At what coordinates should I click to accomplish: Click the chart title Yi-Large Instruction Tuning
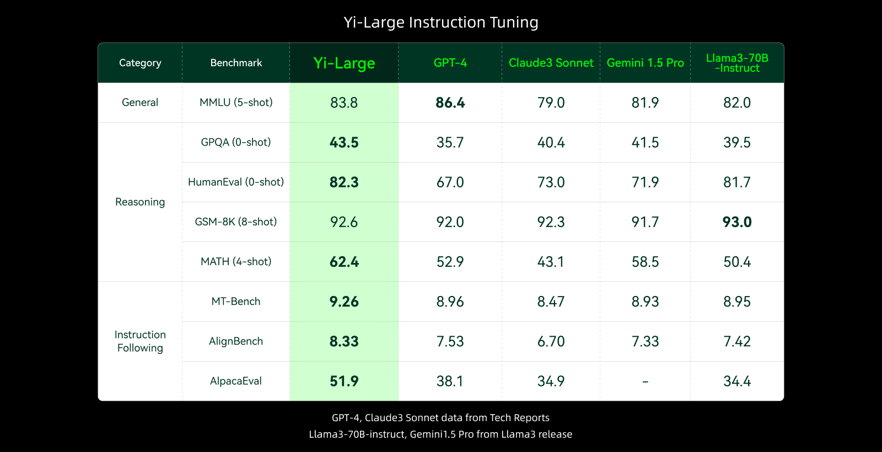point(441,23)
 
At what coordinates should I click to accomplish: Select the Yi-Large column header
point(344,63)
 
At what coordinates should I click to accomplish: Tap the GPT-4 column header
point(450,63)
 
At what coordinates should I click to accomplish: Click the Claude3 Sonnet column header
point(551,63)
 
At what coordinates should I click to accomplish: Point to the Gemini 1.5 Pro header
point(645,63)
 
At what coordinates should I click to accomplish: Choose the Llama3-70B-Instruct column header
point(737,63)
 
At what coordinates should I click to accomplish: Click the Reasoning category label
point(140,202)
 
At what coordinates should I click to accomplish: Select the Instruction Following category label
point(140,341)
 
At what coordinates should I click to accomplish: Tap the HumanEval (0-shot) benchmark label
point(236,182)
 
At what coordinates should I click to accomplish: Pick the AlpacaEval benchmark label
point(236,381)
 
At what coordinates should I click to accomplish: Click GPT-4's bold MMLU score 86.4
point(450,103)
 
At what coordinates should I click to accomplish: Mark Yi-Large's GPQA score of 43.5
point(344,142)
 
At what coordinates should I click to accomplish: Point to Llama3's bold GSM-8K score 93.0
point(737,222)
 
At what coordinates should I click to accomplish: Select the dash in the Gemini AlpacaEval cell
point(645,381)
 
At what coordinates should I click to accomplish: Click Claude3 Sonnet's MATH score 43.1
point(551,262)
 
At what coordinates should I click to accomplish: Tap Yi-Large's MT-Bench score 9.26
point(344,302)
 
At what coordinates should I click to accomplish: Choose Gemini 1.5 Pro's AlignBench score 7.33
point(645,341)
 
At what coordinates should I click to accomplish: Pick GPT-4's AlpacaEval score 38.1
point(450,381)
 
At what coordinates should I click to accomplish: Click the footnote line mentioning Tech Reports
point(440,418)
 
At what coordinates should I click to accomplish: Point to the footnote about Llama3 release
point(440,434)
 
